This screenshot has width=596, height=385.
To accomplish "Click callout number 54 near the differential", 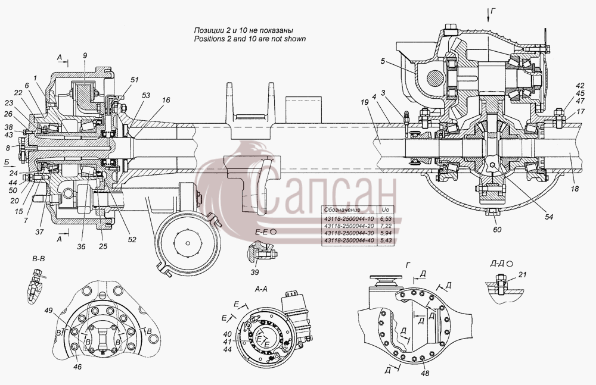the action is tap(548, 217).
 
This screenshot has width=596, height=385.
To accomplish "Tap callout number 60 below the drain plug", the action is tap(497, 229).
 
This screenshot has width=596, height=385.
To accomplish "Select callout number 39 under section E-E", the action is tap(254, 272).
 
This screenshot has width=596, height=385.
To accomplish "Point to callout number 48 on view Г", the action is tap(425, 373).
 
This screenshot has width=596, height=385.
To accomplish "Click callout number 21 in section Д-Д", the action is tap(523, 274).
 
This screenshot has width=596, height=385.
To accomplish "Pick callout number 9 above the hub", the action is tap(85, 55).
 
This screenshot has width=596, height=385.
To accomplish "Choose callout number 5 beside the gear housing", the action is tap(383, 61).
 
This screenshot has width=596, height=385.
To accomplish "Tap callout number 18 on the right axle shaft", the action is tap(575, 188).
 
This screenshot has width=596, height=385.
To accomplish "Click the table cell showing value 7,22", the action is tap(386, 226).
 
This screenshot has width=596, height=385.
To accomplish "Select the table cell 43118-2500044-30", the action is tap(349, 233).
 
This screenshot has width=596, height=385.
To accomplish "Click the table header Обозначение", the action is tap(342, 209).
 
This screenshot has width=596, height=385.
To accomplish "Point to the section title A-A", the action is tap(261, 289).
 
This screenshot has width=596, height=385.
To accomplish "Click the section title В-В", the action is tap(39, 259).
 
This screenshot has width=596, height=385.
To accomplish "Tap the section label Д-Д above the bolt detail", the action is tap(497, 263).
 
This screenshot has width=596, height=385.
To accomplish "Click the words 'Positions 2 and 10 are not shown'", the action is tap(250, 39).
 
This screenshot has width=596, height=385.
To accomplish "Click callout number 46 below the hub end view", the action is tap(77, 367).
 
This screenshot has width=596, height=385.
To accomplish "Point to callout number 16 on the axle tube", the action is tap(166, 100).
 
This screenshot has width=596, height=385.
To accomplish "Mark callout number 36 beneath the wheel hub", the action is tap(82, 246).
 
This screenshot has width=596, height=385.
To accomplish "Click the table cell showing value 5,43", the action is tap(386, 241).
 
